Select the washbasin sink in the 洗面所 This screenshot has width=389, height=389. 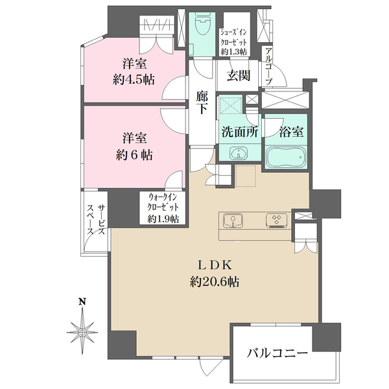[239, 152]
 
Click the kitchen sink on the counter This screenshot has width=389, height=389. [233, 220]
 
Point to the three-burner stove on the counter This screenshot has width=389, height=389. [277, 220]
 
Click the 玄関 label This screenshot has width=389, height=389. [239, 76]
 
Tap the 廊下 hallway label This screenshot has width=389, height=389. [202, 102]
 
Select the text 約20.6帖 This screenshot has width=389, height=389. [215, 282]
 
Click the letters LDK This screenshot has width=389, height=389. [215, 265]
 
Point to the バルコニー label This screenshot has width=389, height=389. [277, 353]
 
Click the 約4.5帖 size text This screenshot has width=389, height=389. [134, 80]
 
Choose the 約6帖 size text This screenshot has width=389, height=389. [134, 155]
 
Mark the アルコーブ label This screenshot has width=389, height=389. [268, 66]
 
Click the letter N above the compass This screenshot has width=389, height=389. [82, 301]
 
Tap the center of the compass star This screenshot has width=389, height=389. [82, 332]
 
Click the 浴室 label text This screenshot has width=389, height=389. [291, 132]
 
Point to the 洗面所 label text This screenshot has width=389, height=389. [240, 132]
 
